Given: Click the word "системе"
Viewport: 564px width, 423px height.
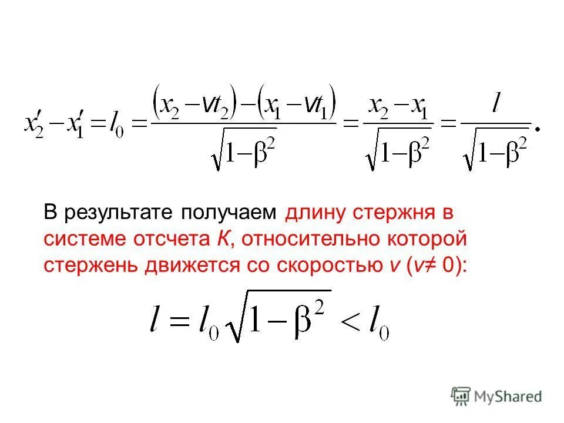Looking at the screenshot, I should pos(81,239).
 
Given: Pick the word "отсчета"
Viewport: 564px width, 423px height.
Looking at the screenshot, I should pos(165,239).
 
